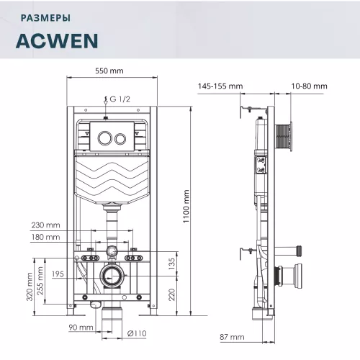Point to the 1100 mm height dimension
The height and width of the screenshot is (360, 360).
tap(186, 206)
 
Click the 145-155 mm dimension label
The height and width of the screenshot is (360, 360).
tap(220, 86)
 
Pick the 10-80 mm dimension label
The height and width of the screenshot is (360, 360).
tap(310, 86)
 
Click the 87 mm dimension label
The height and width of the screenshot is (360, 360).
tap(232, 337)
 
